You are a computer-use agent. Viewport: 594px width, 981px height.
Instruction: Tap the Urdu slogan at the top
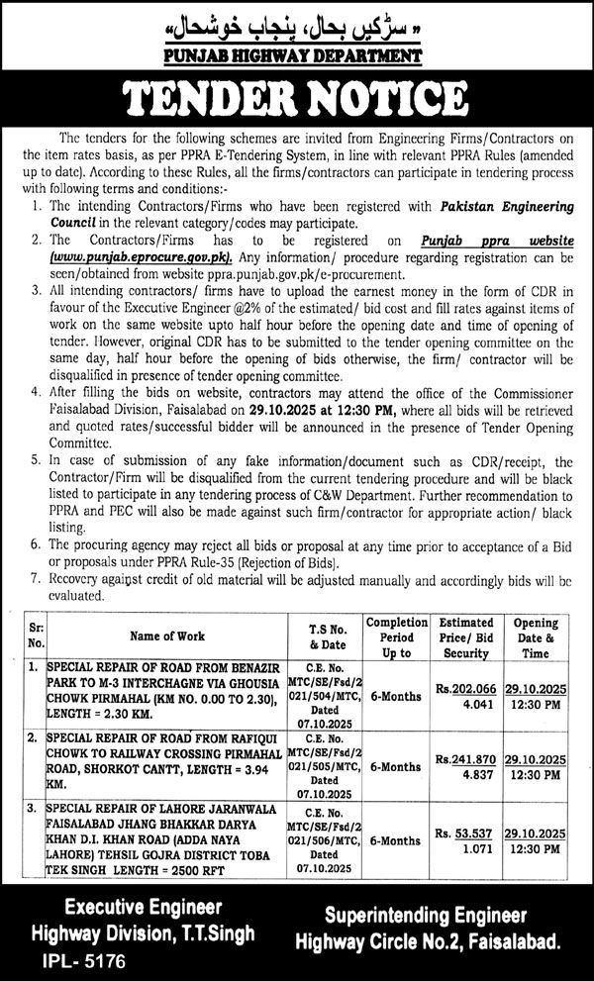297,22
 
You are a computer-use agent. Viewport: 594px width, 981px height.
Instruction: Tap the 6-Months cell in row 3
396,840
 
